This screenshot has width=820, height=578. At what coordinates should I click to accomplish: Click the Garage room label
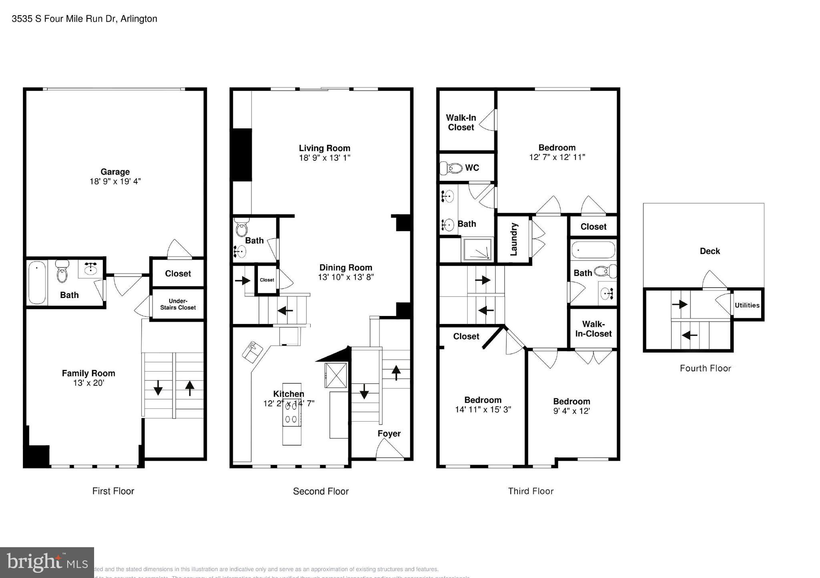click(x=115, y=172)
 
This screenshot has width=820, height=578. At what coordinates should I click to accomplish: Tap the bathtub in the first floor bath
click(x=37, y=283)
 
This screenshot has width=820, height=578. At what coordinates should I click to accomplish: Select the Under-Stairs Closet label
click(x=178, y=304)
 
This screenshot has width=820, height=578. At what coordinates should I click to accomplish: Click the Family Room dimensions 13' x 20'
click(x=88, y=383)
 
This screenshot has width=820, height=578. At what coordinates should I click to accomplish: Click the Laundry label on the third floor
click(x=514, y=239)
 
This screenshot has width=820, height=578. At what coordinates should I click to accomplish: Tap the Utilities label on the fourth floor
click(x=747, y=305)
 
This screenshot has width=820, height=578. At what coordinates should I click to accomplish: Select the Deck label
click(x=709, y=251)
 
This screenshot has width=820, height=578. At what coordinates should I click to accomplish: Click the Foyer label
click(x=389, y=434)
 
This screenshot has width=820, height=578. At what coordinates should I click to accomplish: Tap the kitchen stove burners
click(x=291, y=413)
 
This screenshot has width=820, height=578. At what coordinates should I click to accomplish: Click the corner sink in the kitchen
click(x=253, y=351)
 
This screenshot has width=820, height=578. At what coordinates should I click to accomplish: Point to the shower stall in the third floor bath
click(x=477, y=250)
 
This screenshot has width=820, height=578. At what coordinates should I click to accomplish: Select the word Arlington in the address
click(x=139, y=19)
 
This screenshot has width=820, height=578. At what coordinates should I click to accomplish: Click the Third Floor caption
click(x=531, y=491)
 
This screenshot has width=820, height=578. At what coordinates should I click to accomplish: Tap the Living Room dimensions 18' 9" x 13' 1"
click(x=324, y=158)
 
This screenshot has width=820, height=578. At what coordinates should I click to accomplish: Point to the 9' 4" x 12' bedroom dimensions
click(x=571, y=411)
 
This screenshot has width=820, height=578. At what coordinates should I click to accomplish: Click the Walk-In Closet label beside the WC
click(x=461, y=122)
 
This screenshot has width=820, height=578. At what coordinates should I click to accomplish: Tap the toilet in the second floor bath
click(x=241, y=228)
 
